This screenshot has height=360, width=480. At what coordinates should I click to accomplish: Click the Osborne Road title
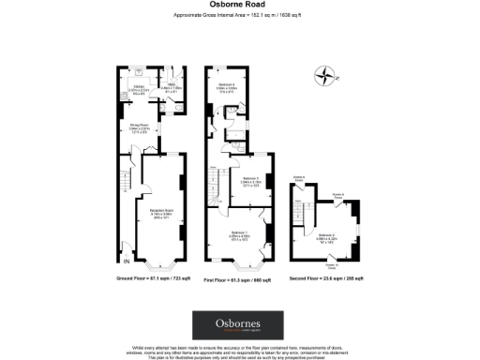pyautogui.click(x=239, y=5)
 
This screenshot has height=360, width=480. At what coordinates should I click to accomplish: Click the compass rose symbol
pyautogui.click(x=324, y=76)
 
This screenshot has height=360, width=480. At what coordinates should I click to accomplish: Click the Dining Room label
pyautogui.click(x=137, y=127)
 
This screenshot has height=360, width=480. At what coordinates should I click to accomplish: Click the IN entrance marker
pyautogui.click(x=116, y=247)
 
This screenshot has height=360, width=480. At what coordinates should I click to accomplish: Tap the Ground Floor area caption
pyautogui.click(x=149, y=279)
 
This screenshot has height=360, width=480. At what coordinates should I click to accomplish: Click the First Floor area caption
pyautogui.click(x=237, y=279)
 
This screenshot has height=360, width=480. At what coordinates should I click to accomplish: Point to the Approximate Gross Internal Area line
pyautogui.click(x=239, y=16)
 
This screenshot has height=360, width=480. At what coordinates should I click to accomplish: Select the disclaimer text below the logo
pyautogui.click(x=239, y=352)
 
